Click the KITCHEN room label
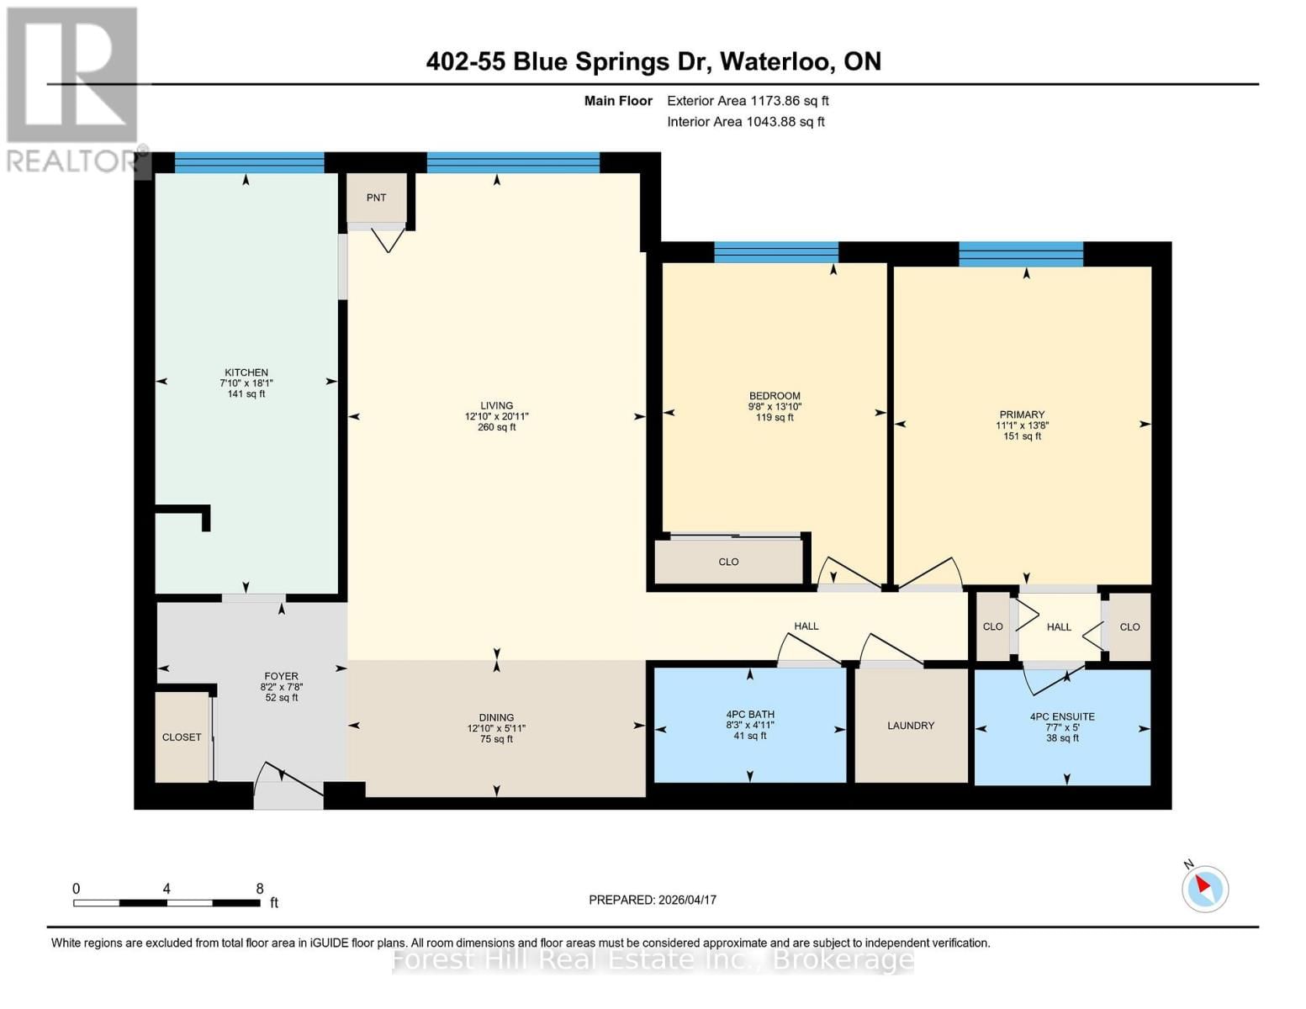[246, 372]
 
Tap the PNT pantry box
[376, 198]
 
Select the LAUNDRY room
[911, 725]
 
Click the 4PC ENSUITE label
[1062, 716]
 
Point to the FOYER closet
[182, 737]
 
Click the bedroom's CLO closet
[728, 562]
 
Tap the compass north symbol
[1204, 887]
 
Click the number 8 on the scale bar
[260, 889]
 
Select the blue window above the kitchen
[249, 162]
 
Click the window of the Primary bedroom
[1021, 253]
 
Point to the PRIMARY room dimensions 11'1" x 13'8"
[1022, 425]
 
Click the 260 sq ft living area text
[496, 427]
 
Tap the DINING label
[496, 717]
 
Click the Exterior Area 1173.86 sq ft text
[748, 101]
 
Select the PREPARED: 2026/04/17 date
[653, 900]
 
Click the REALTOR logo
[73, 88]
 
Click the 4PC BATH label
[750, 714]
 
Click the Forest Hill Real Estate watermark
[653, 959]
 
